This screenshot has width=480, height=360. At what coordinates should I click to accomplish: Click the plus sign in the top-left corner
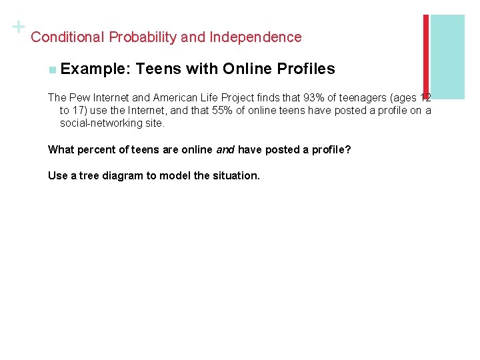pyautogui.click(x=18, y=27)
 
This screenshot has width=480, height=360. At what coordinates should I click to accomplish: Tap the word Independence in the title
pyautogui.click(x=255, y=37)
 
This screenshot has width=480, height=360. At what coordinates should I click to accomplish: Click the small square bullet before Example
pyautogui.click(x=53, y=69)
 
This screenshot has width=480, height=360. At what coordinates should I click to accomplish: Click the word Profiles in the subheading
pyautogui.click(x=307, y=69)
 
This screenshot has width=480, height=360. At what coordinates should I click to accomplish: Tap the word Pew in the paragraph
pyautogui.click(x=79, y=97)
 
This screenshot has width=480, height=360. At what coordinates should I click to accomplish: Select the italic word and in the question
pyautogui.click(x=225, y=149)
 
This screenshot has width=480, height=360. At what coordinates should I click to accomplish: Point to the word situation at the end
pyautogui.click(x=235, y=176)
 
